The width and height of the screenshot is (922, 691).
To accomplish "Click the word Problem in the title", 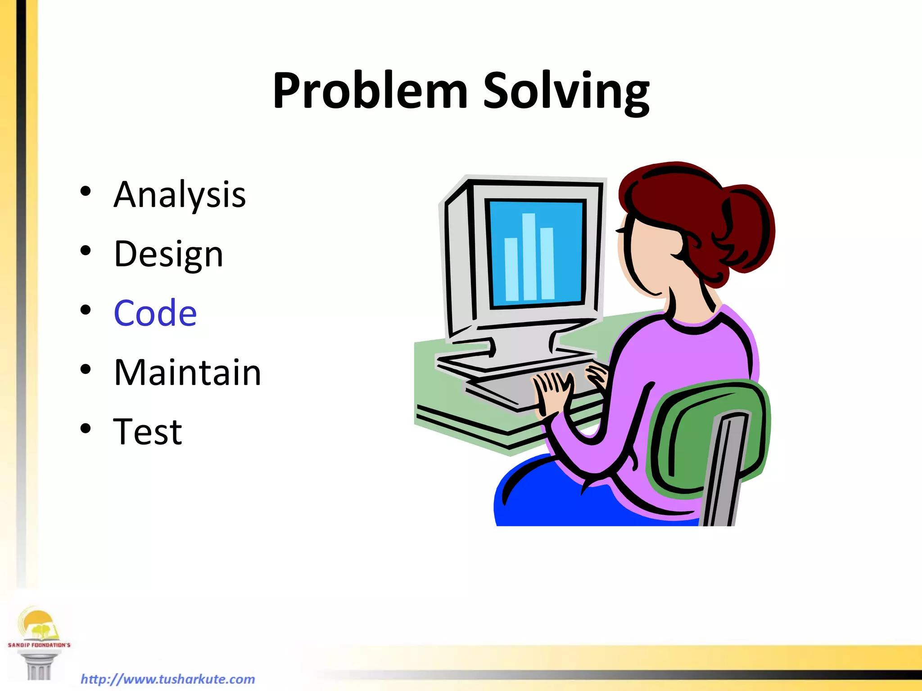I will [x=370, y=91].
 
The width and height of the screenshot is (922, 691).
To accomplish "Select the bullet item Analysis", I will [x=180, y=194].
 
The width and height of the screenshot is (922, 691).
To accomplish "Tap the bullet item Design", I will [x=168, y=254].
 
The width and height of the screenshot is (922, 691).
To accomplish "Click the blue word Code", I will [x=155, y=313].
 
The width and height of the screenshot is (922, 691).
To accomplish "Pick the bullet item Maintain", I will [x=187, y=372].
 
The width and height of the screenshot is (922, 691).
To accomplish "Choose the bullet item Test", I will [x=148, y=432].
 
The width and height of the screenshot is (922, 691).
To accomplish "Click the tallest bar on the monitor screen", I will [x=529, y=256].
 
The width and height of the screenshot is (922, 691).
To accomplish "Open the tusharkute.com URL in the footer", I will [x=167, y=679].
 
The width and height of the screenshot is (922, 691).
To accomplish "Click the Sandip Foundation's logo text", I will [x=39, y=645].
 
